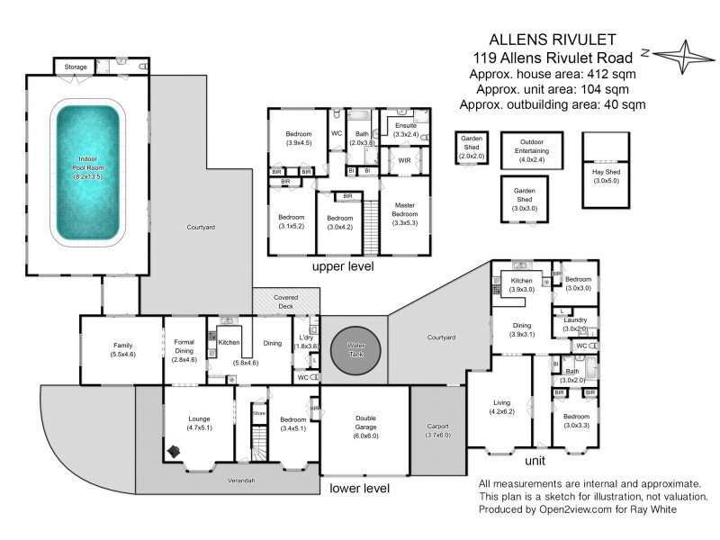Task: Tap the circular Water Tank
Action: click(x=356, y=347)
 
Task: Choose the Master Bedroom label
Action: click(x=404, y=211)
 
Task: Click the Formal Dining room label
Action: click(x=183, y=347)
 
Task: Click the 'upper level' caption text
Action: click(x=342, y=267)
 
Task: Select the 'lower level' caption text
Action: click(x=359, y=489)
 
